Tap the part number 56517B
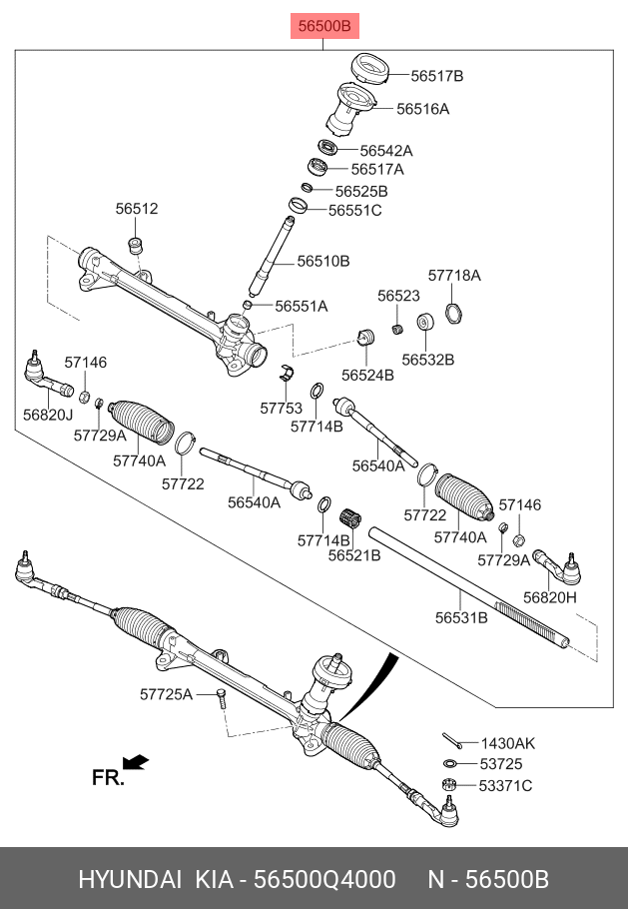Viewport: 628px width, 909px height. (x=437, y=76)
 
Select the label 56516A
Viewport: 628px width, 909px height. (x=422, y=109)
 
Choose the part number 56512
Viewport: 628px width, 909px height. (x=137, y=210)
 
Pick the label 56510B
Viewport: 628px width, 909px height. (x=323, y=262)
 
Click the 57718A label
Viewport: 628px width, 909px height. (x=454, y=275)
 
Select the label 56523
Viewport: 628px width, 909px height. (x=398, y=296)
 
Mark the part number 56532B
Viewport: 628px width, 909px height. (x=428, y=359)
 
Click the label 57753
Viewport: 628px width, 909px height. (x=281, y=408)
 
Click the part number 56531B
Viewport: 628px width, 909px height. (x=461, y=618)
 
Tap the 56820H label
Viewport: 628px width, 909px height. (x=551, y=597)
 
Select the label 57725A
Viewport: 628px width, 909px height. (x=166, y=693)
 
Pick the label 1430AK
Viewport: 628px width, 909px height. (x=508, y=743)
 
